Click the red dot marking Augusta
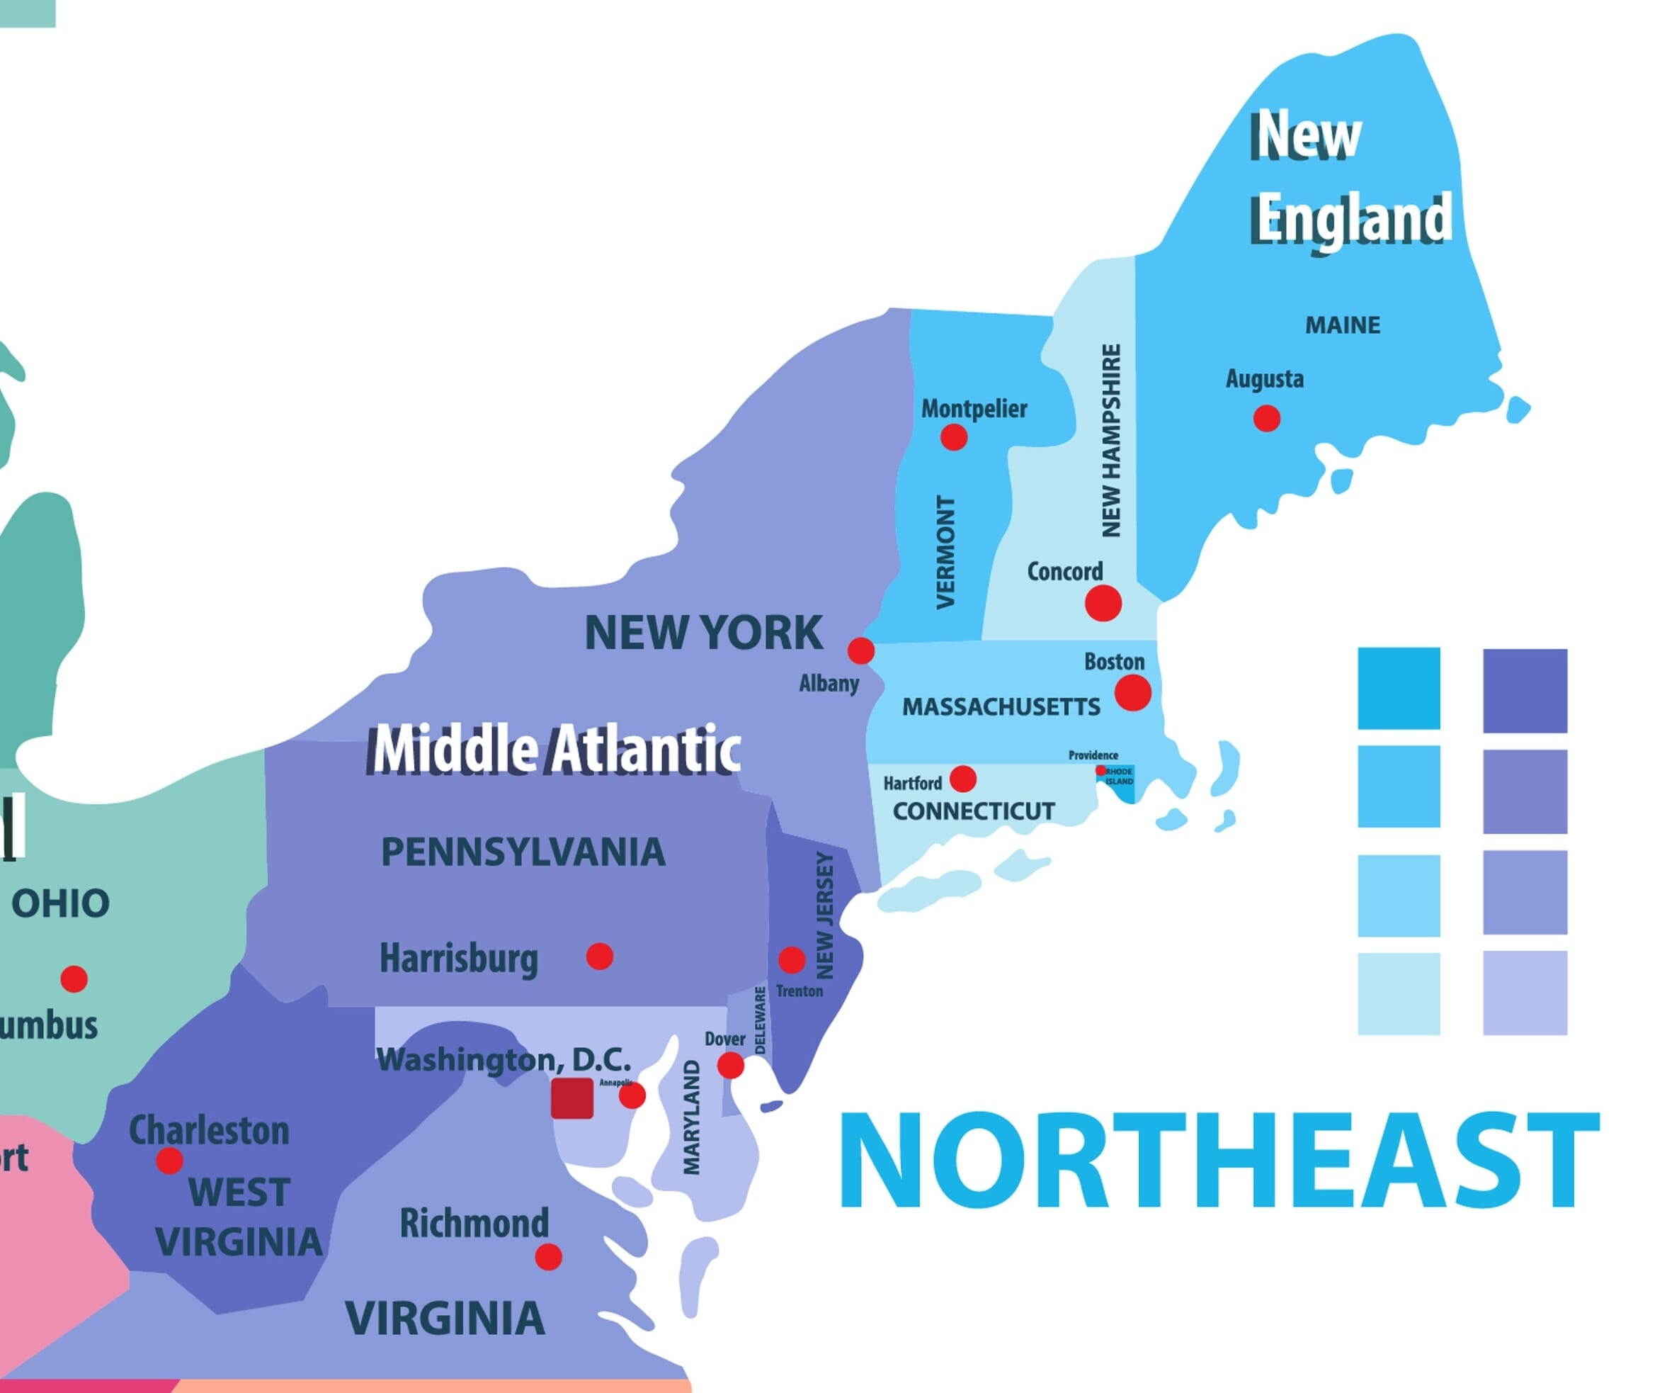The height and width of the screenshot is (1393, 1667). click(x=1266, y=418)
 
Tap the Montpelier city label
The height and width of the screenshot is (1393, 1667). click(x=973, y=409)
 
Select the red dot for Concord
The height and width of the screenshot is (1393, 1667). click(x=1103, y=604)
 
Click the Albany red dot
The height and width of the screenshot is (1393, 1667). click(x=860, y=650)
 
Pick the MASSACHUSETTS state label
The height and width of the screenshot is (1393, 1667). click(x=1001, y=707)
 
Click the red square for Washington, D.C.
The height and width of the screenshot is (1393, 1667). click(x=572, y=1098)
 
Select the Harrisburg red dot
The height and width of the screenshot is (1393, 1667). click(x=599, y=957)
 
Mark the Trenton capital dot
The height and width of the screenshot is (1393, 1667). click(x=792, y=959)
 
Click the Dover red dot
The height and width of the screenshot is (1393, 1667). click(x=730, y=1066)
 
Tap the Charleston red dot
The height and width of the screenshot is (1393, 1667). click(x=169, y=1161)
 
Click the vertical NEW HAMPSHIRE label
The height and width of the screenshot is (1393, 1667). click(x=1111, y=441)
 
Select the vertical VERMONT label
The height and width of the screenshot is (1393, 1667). click(x=945, y=553)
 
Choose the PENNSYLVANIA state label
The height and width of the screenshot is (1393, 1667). click(x=523, y=852)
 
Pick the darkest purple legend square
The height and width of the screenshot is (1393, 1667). click(x=1525, y=690)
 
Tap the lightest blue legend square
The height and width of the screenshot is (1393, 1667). click(x=1399, y=993)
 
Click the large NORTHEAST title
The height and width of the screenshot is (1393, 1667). click(x=1219, y=1161)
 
